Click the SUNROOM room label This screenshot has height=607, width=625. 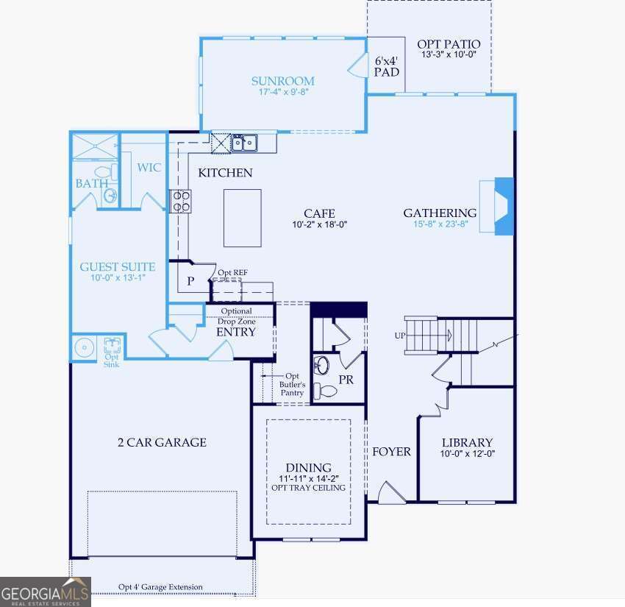pyautogui.click(x=282, y=81)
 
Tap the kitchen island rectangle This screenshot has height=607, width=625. pyautogui.click(x=242, y=218)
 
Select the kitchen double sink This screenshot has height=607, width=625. pyautogui.click(x=243, y=142)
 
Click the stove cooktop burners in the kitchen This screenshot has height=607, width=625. pyautogui.click(x=180, y=201)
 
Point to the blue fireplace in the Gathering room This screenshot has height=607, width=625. pyautogui.click(x=504, y=206)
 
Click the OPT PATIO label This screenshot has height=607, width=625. pyautogui.click(x=449, y=44)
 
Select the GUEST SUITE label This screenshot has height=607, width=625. pyautogui.click(x=118, y=266)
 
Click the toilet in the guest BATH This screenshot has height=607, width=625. pyautogui.click(x=102, y=174)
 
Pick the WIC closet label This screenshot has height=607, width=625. pyautogui.click(x=149, y=168)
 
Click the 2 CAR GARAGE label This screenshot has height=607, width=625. pyautogui.click(x=162, y=442)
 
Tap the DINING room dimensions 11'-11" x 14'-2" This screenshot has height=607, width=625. pyautogui.click(x=309, y=478)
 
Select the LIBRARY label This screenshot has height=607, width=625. pyautogui.click(x=467, y=442)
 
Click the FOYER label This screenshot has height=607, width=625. pyautogui.click(x=391, y=451)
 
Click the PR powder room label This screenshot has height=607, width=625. pyautogui.click(x=346, y=380)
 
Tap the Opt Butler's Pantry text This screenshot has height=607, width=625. pyautogui.click(x=292, y=384)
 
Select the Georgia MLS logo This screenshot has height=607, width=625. pyautogui.click(x=45, y=591)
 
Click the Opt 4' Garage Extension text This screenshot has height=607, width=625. pyautogui.click(x=160, y=587)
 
